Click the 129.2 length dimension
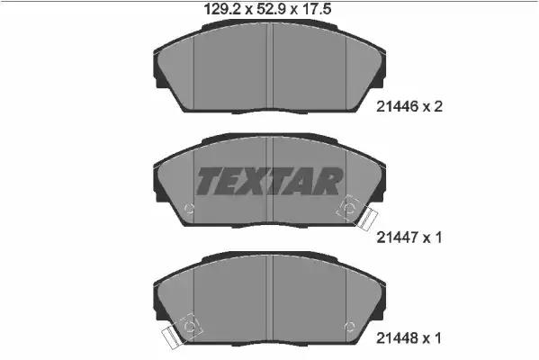point(223,9)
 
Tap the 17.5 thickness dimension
point(317,9)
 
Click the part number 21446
point(397,107)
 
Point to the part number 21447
point(397,238)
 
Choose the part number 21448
point(397,338)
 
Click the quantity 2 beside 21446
point(437,107)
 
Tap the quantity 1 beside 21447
point(437,238)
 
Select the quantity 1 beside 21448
point(437,338)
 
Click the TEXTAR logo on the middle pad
point(269,181)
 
